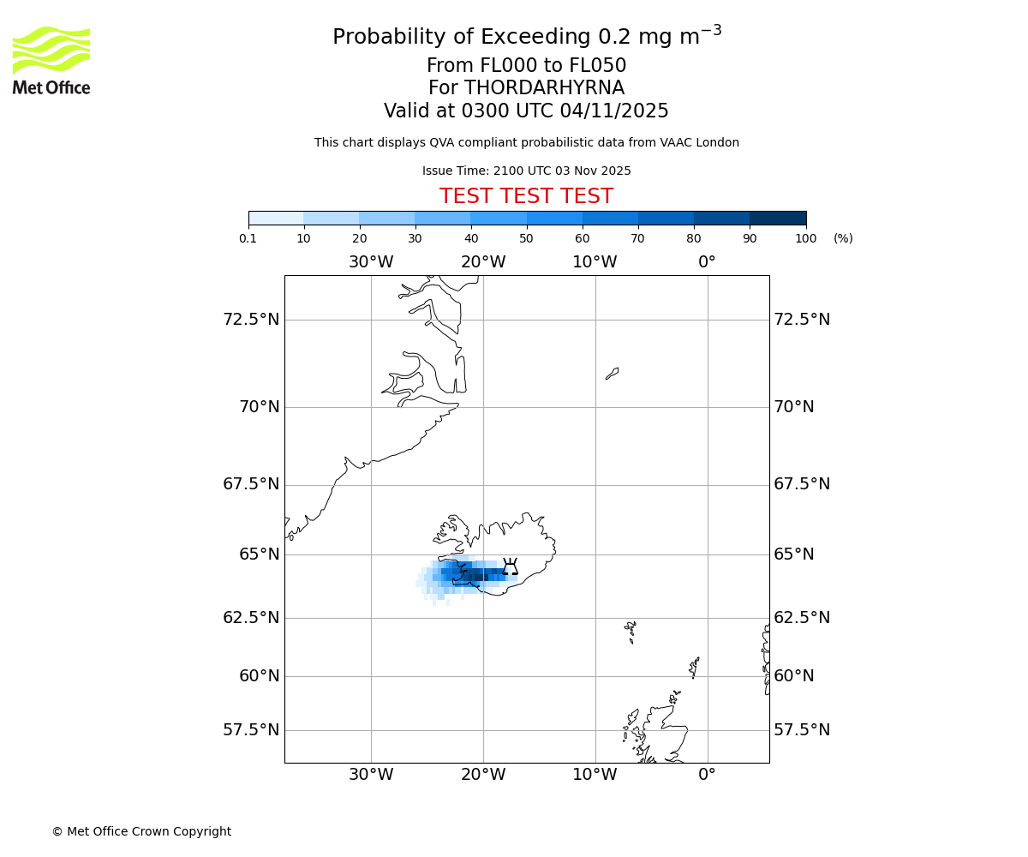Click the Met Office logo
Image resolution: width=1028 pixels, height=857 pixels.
click(x=51, y=60)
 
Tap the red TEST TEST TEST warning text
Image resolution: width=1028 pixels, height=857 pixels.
click(x=526, y=197)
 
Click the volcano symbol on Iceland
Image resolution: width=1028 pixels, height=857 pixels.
click(x=510, y=567)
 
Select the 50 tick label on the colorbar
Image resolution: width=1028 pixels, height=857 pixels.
click(x=526, y=239)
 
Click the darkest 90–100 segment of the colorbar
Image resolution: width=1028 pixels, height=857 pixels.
click(x=778, y=218)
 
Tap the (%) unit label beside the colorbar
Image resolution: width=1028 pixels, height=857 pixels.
click(x=843, y=239)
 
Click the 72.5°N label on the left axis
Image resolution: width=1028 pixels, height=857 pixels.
click(x=251, y=320)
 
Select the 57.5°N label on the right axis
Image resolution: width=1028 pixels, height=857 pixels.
click(x=802, y=730)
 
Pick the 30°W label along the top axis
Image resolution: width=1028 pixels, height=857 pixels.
click(x=371, y=262)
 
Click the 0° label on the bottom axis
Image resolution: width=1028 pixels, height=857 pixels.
click(x=707, y=776)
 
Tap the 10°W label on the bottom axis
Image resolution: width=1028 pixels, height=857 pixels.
click(x=595, y=776)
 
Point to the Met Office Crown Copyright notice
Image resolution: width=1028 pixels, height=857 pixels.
click(x=141, y=832)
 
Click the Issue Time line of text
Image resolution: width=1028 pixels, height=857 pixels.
click(x=526, y=171)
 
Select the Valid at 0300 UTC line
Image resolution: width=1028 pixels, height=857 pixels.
click(x=526, y=111)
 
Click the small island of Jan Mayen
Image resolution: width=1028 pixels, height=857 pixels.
click(x=612, y=374)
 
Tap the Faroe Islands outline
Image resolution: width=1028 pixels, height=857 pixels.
click(x=631, y=632)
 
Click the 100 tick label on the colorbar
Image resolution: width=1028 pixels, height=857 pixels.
click(x=805, y=239)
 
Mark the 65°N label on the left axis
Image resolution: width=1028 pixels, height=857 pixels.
click(x=259, y=554)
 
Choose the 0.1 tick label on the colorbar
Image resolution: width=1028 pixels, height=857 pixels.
click(x=248, y=239)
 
